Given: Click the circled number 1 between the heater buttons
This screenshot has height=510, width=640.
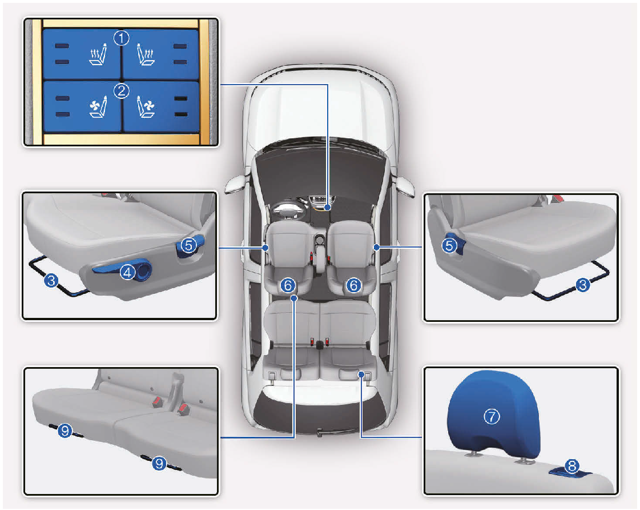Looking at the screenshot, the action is tap(121, 38).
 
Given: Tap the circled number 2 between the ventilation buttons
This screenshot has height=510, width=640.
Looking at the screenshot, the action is tap(121, 91).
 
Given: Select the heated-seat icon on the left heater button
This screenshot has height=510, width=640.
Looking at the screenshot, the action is tap(98, 54).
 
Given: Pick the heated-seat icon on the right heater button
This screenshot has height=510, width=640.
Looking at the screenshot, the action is tap(145, 54).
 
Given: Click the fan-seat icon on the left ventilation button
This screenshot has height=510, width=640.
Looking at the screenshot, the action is tap(98, 107).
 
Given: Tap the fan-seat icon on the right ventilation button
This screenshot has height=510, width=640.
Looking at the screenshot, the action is tap(145, 107).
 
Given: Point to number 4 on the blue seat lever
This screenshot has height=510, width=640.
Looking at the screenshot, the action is tap(127, 272).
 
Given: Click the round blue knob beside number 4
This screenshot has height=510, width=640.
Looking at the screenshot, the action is tap(144, 270).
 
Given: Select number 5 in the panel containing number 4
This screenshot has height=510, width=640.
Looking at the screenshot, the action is tap(188, 245).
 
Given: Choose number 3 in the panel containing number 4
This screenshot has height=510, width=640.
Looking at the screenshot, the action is tap(51, 281).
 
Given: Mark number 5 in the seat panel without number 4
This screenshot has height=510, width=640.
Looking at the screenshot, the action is tap(449, 245).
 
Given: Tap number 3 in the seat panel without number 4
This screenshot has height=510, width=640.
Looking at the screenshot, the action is tap(583, 284).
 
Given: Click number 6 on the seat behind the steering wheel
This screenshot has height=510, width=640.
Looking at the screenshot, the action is tap(288, 285).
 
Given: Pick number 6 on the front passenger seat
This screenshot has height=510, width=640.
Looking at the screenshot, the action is tap(353, 285).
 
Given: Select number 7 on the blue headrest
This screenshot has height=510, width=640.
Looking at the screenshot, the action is tap(492, 416).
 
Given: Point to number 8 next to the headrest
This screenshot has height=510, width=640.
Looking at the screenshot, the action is tap(572, 465).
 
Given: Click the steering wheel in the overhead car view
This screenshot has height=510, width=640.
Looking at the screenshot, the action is tap(289, 210).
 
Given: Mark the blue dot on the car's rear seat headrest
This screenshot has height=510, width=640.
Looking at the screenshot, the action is tap(361, 374).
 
